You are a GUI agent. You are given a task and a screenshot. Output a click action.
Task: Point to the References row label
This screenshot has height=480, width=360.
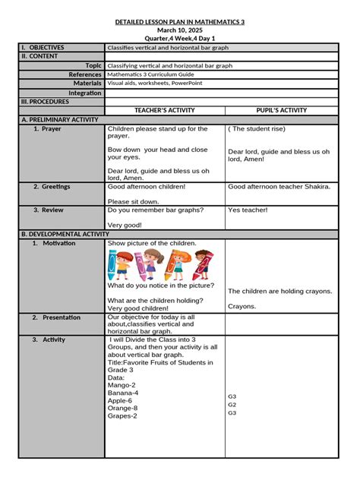(x=85, y=75)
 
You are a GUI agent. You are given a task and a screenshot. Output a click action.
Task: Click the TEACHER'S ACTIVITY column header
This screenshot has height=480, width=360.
(x=165, y=110)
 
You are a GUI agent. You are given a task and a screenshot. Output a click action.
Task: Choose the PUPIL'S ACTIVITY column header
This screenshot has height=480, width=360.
(x=282, y=110)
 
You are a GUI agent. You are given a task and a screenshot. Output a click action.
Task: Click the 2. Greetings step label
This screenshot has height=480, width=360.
(x=52, y=186)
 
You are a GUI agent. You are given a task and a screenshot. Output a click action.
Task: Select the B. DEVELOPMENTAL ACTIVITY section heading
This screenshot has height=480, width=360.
(x=60, y=235)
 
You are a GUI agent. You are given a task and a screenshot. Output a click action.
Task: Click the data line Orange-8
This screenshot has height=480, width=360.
(x=124, y=408)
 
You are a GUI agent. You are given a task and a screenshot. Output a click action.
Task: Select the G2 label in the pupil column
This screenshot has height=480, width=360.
(x=232, y=405)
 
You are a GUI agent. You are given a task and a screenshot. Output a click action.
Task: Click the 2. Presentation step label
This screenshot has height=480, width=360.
(x=56, y=317)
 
